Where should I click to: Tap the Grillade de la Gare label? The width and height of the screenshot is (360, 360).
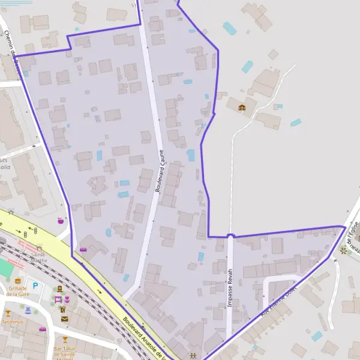click(18, 291)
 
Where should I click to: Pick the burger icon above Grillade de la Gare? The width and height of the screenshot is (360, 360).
click(18, 280)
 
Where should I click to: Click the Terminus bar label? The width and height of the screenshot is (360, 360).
click(12, 322)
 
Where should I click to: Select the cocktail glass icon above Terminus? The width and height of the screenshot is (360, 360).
click(8, 313)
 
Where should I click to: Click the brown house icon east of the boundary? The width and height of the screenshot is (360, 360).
click(242, 107)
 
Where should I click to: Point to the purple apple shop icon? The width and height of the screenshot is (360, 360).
click(60, 221)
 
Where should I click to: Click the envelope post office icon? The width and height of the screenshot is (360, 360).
click(64, 319)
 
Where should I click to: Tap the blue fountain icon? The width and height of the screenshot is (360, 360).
click(28, 310)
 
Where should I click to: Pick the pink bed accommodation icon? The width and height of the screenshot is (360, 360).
click(58, 299)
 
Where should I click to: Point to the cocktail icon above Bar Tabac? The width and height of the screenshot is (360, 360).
click(65, 340)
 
